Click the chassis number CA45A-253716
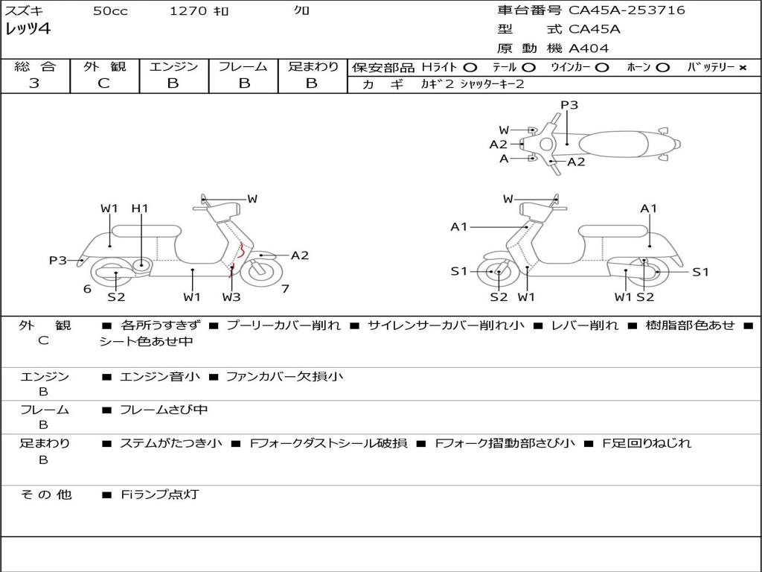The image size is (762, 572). pos(627,10)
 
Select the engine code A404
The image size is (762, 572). pos(589,48)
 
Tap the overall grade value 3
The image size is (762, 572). pos(34,83)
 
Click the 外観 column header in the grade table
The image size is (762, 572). pos(104,66)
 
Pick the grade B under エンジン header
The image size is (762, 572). pos(173,83)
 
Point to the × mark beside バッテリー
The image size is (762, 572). pos(742,68)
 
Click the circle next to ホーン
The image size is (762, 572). pos(662,68)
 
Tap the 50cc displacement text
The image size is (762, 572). pos(110,11)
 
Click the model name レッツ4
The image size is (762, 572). pos(28,30)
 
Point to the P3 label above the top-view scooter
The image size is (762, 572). pos(569,105)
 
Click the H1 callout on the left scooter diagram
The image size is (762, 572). pos(140,209)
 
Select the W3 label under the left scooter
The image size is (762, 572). pos(231,297)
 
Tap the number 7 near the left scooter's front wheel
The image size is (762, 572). pos(285,289)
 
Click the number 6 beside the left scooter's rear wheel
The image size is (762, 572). pos(87,289)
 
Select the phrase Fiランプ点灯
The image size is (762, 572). pos(159,495)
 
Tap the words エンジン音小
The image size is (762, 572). pos(159,377)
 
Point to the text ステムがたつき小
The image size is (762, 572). pos(171,443)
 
